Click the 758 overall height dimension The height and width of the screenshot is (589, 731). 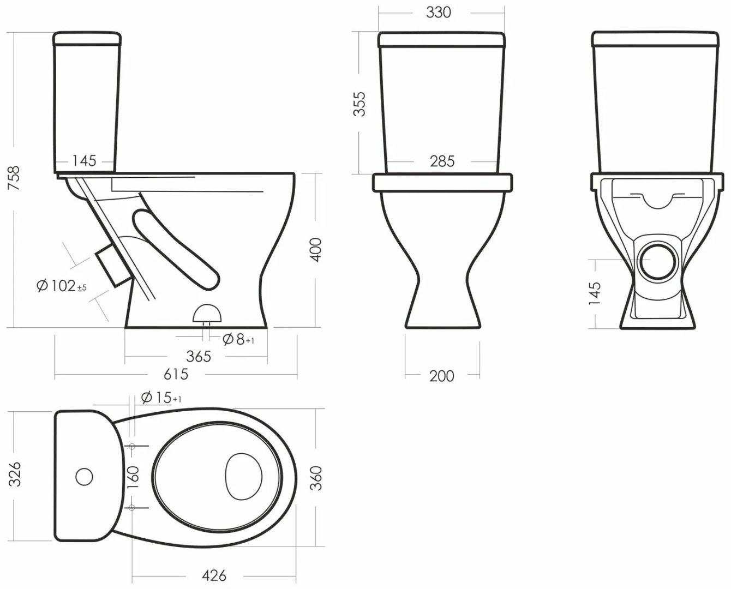pyautogui.click(x=14, y=178)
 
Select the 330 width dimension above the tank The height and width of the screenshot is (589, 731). pyautogui.click(x=439, y=12)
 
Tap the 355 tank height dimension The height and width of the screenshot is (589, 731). pyautogui.click(x=359, y=104)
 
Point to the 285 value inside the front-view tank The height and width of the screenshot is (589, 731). pyautogui.click(x=442, y=161)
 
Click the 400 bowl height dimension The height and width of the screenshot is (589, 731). pyautogui.click(x=316, y=250)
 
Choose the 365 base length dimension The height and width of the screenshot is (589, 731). pyautogui.click(x=199, y=356)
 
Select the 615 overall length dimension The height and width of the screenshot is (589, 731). pyautogui.click(x=176, y=374)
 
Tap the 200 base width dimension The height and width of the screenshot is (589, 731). pyautogui.click(x=441, y=376)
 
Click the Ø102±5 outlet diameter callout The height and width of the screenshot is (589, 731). pyautogui.click(x=62, y=286)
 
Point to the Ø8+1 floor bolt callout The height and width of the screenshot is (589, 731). pyautogui.click(x=238, y=339)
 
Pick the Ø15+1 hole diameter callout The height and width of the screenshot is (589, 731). pyautogui.click(x=161, y=398)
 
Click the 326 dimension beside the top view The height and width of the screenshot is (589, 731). pyautogui.click(x=15, y=474)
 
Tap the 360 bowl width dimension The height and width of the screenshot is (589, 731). pyautogui.click(x=316, y=478)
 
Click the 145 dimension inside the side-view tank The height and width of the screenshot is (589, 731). pyautogui.click(x=84, y=161)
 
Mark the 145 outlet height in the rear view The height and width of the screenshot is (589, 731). pyautogui.click(x=595, y=293)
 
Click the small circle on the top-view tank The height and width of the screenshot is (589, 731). pyautogui.click(x=84, y=476)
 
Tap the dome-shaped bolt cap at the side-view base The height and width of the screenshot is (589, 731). pyautogui.click(x=207, y=313)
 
